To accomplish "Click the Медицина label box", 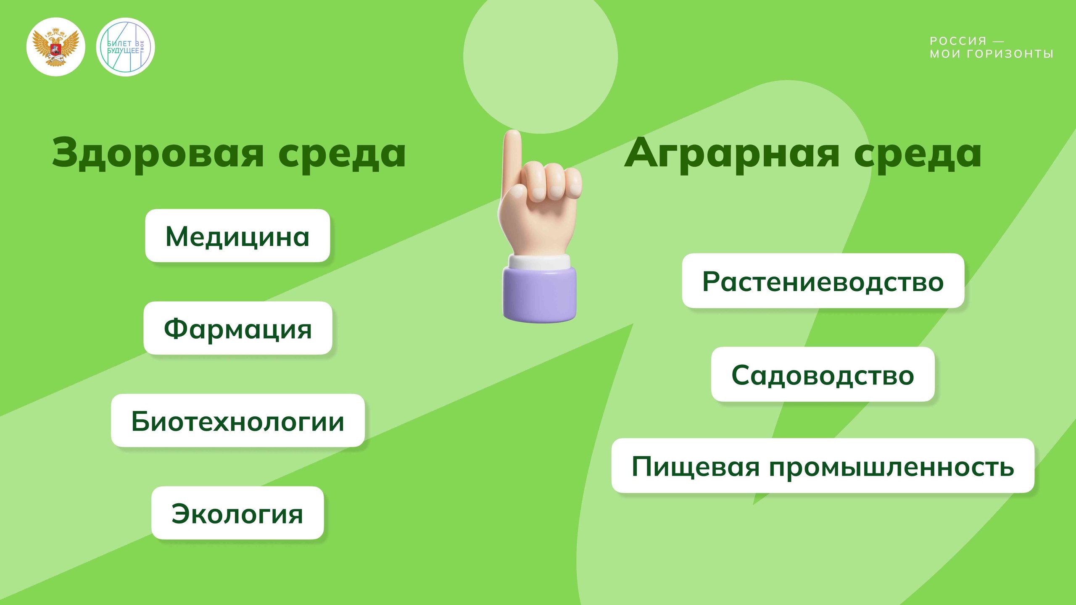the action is tap(237, 236).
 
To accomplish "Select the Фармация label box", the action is tap(238, 328).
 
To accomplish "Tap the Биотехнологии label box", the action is tap(238, 421).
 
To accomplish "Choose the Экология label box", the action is tap(237, 513).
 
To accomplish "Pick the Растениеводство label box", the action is tap(823, 281).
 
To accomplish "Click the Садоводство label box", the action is tap(823, 374).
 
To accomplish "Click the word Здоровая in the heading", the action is tap(158, 153).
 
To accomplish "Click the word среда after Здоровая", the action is tap(342, 153).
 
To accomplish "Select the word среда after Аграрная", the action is tap(918, 153).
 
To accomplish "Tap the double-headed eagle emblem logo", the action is tap(56, 47).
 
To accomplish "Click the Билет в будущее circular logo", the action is tap(125, 47).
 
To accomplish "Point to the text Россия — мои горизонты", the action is tap(991, 47).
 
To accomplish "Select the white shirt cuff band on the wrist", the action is tap(540, 262).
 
